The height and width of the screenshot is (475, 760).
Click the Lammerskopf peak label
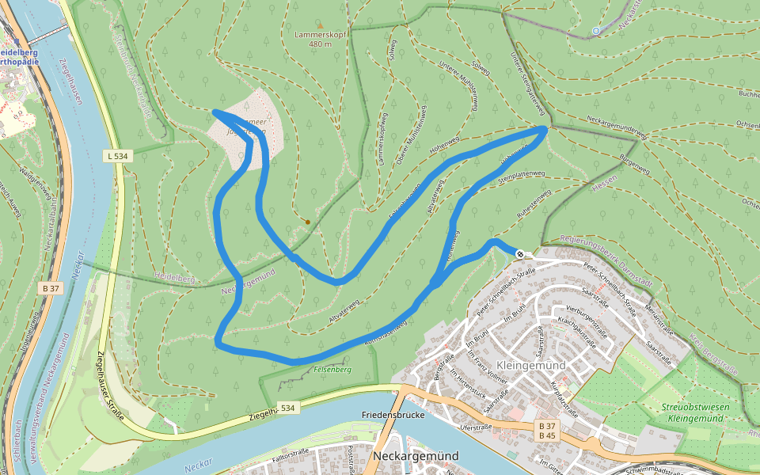click(320, 35)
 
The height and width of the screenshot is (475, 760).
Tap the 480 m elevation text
click(320, 44)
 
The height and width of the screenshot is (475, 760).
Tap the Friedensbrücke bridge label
click(393, 415)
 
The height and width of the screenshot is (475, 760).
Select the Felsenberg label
click(331, 370)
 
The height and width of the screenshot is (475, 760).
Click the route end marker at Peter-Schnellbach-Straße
click(520, 253)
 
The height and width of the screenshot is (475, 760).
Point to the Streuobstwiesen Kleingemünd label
click(696, 412)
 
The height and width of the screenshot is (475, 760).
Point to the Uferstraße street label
click(476, 426)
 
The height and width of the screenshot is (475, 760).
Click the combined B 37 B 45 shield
click(547, 431)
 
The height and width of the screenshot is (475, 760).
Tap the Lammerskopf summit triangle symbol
click(320, 25)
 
